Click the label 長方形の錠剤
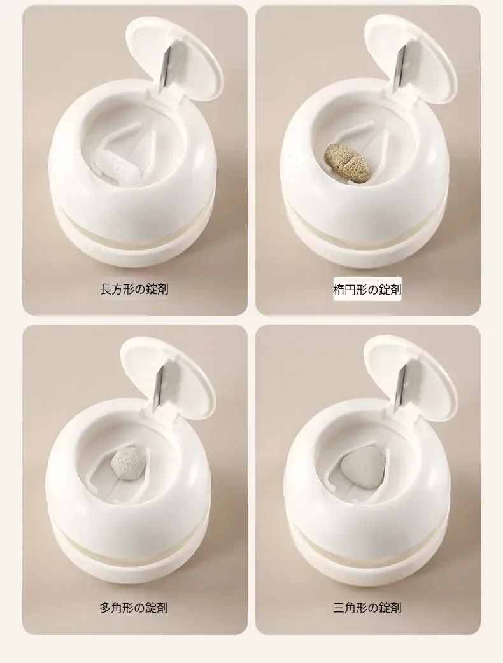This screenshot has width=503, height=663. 134,290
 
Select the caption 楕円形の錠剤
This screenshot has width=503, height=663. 367,290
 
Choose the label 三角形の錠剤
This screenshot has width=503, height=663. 367,608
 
